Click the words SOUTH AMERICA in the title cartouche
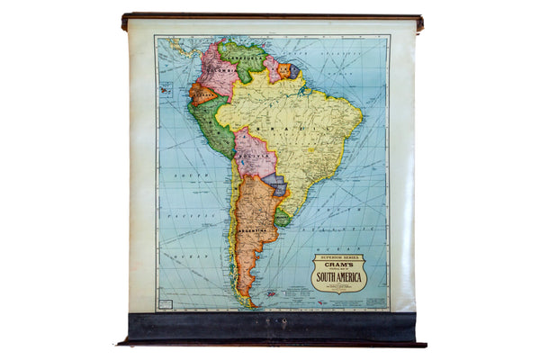(338, 275)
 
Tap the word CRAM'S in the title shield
(338, 264)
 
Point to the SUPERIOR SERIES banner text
(338, 256)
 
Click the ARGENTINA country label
(255, 230)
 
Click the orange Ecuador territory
(203, 92)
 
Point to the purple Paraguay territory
(275, 184)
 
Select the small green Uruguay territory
(283, 217)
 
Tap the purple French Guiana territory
(294, 69)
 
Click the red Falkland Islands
(269, 292)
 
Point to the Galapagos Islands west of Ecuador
(166, 89)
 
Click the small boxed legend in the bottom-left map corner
(165, 303)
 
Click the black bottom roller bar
(270, 327)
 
